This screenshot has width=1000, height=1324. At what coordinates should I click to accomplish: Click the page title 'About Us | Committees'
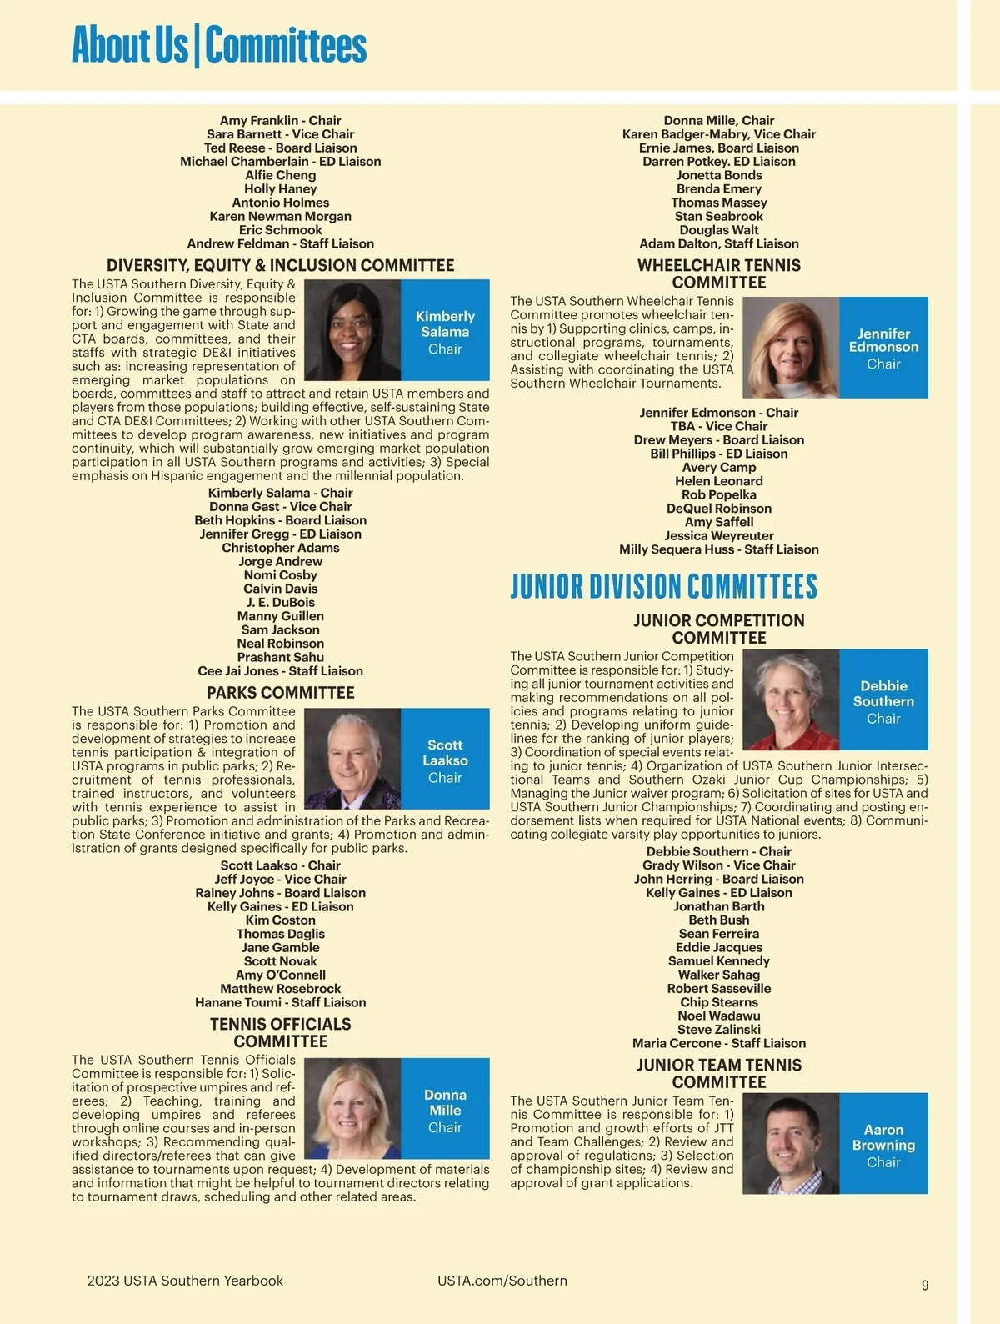pyautogui.click(x=219, y=45)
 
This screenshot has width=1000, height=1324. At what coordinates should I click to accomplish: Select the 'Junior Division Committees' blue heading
pyautogui.click(x=663, y=586)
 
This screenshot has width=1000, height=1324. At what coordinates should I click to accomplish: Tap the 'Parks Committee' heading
pyautogui.click(x=280, y=693)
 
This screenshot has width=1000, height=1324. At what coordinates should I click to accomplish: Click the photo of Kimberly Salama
pyautogui.click(x=352, y=330)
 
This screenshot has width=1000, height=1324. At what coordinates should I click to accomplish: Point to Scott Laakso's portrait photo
pyautogui.click(x=352, y=760)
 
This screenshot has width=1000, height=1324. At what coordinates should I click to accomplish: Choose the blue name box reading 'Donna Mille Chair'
pyautogui.click(x=445, y=1110)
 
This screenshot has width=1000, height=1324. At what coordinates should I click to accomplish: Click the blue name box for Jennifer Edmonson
pyautogui.click(x=883, y=348)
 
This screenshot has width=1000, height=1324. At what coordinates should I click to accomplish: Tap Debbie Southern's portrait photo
pyautogui.click(x=791, y=700)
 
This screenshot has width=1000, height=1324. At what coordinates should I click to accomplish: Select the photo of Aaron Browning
pyautogui.click(x=791, y=1144)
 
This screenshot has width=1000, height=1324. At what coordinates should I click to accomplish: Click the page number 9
pyautogui.click(x=924, y=1285)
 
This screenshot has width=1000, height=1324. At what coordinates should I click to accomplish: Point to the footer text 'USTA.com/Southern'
pyautogui.click(x=502, y=1281)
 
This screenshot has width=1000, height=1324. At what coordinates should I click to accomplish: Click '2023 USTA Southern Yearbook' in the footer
pyautogui.click(x=185, y=1281)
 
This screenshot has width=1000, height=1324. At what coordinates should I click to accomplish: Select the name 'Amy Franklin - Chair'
pyautogui.click(x=280, y=121)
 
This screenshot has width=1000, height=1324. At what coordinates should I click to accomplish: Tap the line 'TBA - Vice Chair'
pyautogui.click(x=718, y=426)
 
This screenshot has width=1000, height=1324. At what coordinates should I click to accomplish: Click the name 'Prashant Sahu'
pyautogui.click(x=280, y=657)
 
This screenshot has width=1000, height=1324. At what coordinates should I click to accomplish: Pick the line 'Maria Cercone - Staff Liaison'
pyautogui.click(x=718, y=1043)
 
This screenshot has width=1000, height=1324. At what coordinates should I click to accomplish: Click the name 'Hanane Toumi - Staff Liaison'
pyautogui.click(x=280, y=1002)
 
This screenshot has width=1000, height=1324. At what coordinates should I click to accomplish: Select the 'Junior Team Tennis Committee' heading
pyautogui.click(x=718, y=1073)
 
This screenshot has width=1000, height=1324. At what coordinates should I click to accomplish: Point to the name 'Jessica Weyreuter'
pyautogui.click(x=718, y=536)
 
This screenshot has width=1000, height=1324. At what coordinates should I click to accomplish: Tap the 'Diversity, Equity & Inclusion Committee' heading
pyautogui.click(x=280, y=266)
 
